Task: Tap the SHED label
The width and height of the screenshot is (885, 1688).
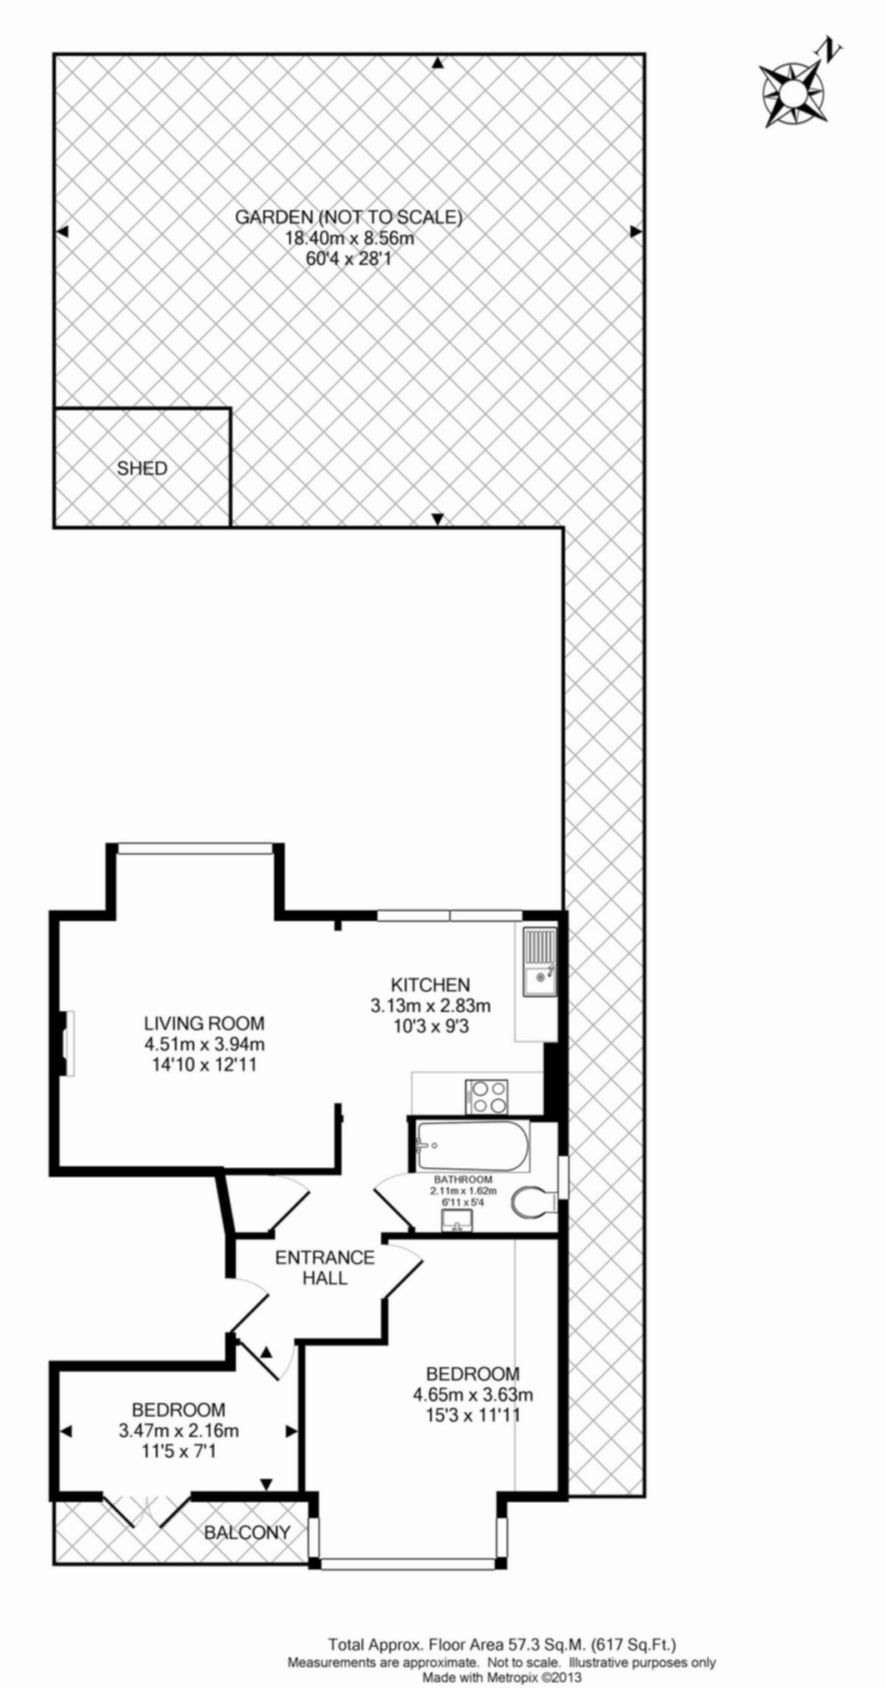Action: [x=142, y=468]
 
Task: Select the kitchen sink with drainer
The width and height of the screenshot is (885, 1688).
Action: [x=539, y=962]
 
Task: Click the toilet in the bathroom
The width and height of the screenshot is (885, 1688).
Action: [x=533, y=1203]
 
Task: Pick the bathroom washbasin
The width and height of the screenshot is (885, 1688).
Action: [x=457, y=1221]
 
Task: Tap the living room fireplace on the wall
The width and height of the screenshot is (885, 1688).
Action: [x=66, y=1043]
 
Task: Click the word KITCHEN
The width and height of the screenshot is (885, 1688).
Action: [x=432, y=984]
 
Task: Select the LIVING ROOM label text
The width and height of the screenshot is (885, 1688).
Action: [x=204, y=1023]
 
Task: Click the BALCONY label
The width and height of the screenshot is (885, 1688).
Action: [x=247, y=1532]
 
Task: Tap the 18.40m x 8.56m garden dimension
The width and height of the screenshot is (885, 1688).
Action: [x=350, y=238]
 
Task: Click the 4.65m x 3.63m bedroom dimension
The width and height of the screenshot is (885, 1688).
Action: [x=473, y=1394]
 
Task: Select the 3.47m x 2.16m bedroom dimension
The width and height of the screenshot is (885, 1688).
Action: [x=179, y=1430]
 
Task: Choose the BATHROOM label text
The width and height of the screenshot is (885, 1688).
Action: [x=463, y=1180]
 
